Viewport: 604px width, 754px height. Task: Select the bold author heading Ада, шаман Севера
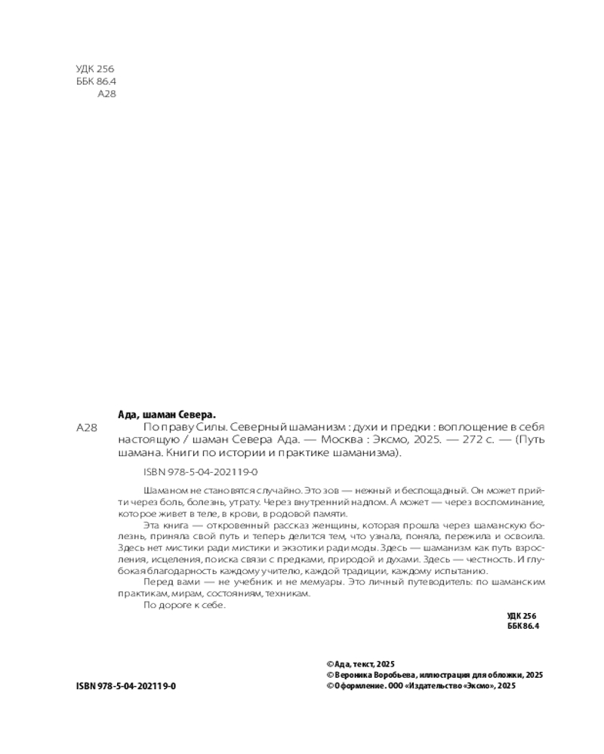tap(167, 414)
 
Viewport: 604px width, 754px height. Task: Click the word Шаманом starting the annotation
tap(161, 489)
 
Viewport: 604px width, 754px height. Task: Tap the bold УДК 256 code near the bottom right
tap(522, 616)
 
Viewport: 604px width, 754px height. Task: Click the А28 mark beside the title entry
tap(88, 428)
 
